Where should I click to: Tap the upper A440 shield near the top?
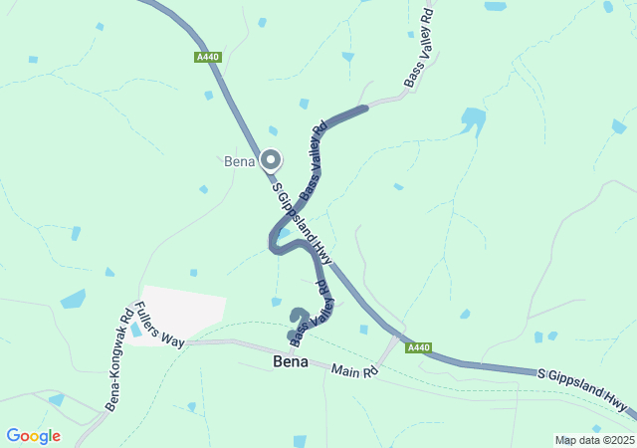pos(207,58)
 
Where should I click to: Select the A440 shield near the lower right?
pos(419,347)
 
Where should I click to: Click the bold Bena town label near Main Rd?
pos(290,363)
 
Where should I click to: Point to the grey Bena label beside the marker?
pos(239,161)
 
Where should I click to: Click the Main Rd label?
pos(355,371)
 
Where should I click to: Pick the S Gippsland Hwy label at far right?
pos(583,390)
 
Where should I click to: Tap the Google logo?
pos(33,436)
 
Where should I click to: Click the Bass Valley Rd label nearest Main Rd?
pos(311,315)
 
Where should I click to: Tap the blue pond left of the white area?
pos(73,299)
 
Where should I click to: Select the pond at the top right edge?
pos(619,126)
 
